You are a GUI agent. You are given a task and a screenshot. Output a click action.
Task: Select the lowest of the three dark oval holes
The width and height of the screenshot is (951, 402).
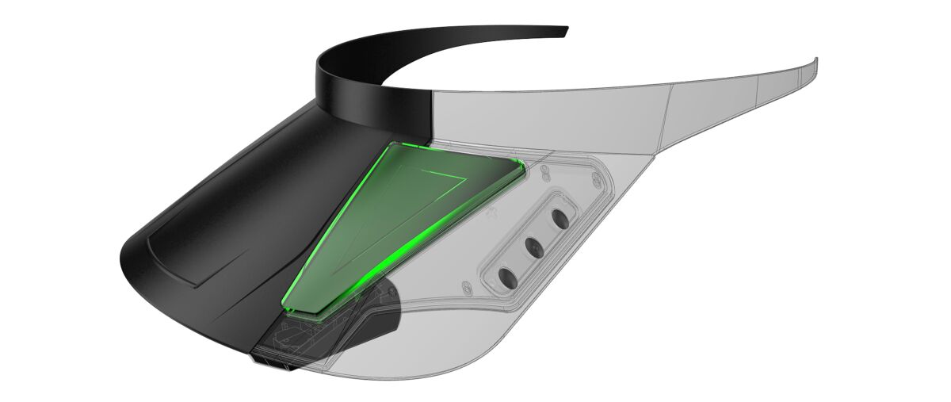pyautogui.click(x=506, y=278)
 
